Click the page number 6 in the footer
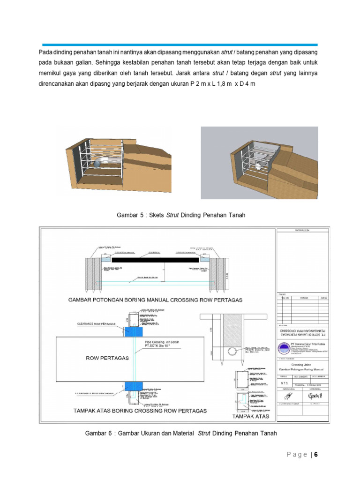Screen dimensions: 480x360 (x=316, y=455)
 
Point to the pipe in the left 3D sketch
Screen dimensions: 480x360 (x=100, y=162)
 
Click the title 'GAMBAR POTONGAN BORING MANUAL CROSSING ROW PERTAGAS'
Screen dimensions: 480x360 (x=156, y=299)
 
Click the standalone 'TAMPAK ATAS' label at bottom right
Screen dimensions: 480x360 (x=251, y=416)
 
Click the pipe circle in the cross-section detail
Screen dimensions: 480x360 (x=231, y=352)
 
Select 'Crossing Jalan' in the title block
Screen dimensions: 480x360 (x=302, y=365)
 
